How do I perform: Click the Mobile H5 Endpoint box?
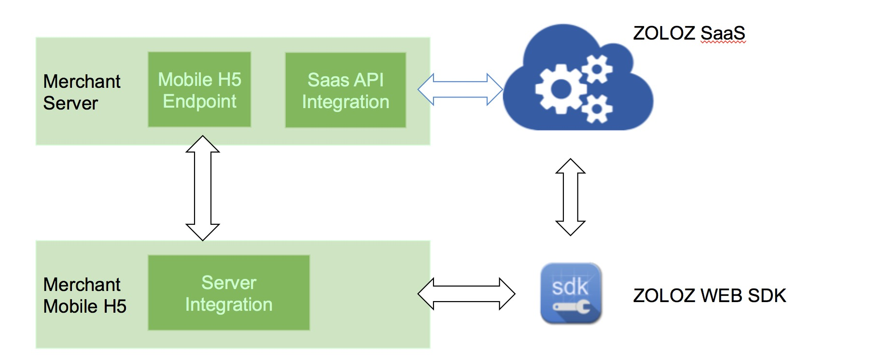[199, 90]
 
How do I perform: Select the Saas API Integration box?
[345, 90]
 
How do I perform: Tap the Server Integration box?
[228, 293]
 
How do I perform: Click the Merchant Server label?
[82, 92]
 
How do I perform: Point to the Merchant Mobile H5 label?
[84, 295]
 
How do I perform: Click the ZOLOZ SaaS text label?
[689, 33]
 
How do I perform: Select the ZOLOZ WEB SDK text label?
[709, 295]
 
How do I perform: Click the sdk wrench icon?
[571, 293]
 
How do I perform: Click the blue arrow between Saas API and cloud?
[460, 89]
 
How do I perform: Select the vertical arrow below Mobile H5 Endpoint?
[203, 188]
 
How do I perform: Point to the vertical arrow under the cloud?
[571, 197]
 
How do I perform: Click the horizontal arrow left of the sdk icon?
[466, 293]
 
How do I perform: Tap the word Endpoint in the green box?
[199, 101]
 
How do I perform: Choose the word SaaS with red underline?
[723, 33]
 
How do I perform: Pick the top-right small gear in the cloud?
[597, 69]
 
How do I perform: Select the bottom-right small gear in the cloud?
[597, 109]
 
